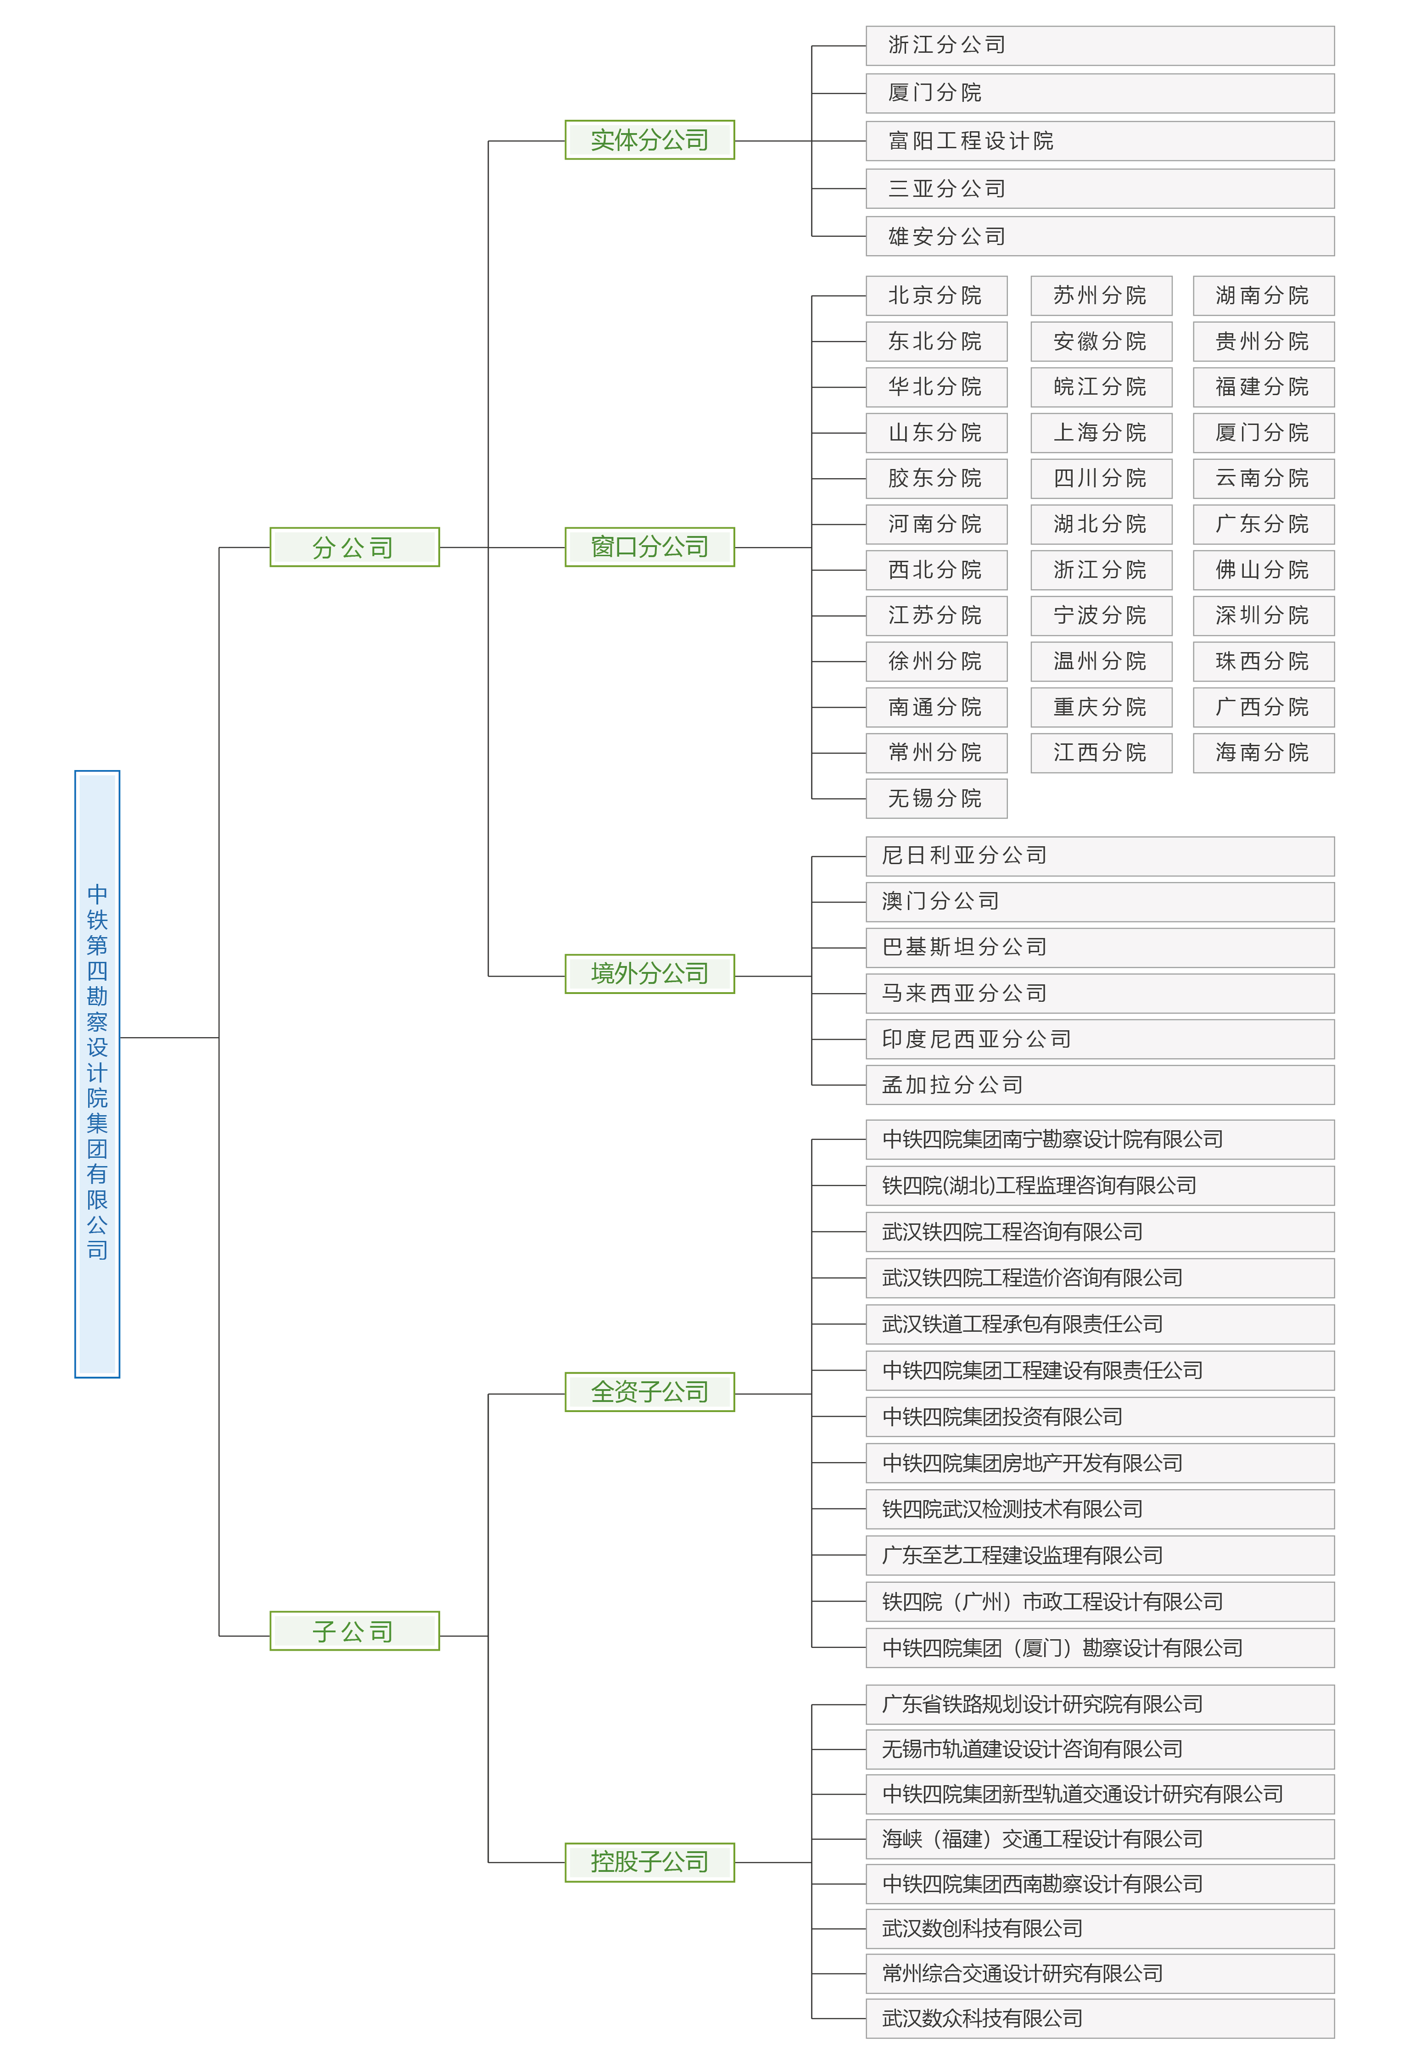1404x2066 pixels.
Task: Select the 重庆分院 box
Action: [x=1101, y=707]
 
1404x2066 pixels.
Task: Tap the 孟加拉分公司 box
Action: [x=1100, y=1084]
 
